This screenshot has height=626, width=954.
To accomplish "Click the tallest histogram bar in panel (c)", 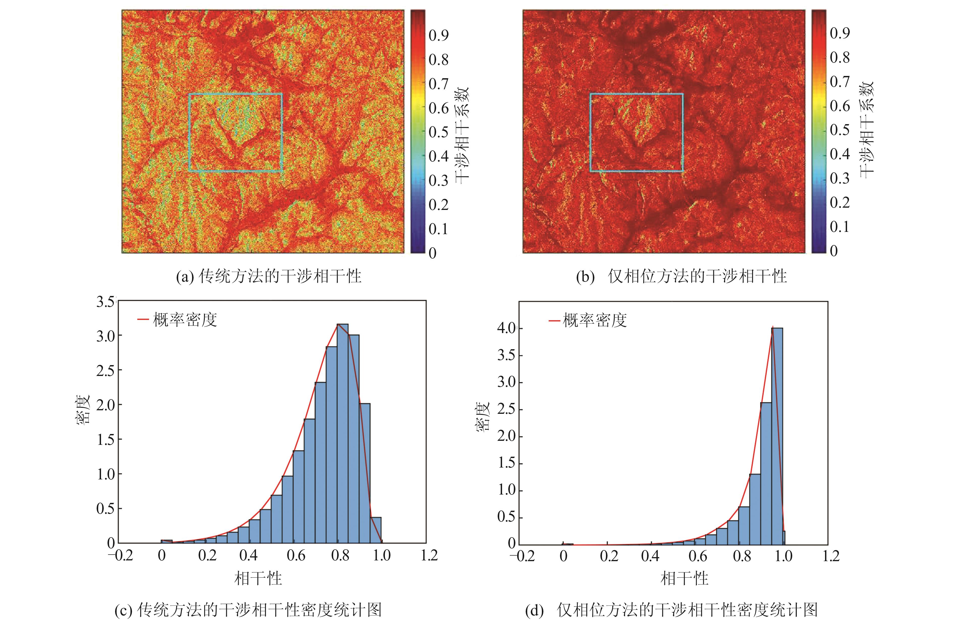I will [342, 433].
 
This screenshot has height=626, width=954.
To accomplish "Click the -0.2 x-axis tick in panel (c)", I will [120, 555].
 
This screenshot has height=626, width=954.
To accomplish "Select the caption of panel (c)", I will [248, 610].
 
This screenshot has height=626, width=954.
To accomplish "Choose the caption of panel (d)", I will [671, 610].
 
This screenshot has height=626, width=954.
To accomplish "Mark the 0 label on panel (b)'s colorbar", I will [834, 251].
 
